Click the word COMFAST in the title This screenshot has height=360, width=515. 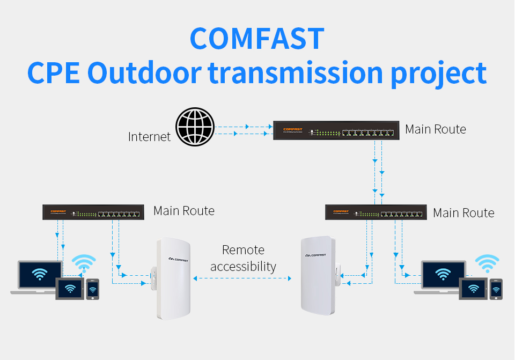tap(257, 38)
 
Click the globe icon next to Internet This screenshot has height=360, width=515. tap(195, 127)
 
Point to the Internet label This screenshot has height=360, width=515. tap(149, 137)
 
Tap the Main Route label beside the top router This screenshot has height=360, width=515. tap(436, 129)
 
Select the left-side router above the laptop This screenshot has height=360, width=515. tap(94, 212)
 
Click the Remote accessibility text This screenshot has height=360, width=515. tap(243, 258)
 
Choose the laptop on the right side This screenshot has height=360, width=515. tap(442, 276)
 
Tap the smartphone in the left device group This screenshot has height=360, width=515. tap(93, 289)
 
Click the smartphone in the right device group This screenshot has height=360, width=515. tap(496, 289)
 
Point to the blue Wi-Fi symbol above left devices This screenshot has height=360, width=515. tap(84, 263)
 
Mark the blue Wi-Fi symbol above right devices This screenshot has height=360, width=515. tap(487, 263)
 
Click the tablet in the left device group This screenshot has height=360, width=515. tap(70, 289)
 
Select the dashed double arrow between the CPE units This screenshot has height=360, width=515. tap(242, 278)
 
